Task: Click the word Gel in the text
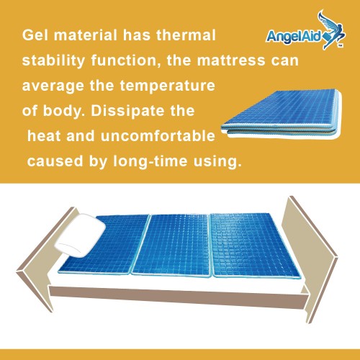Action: [x=35, y=35]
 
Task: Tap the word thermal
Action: [x=186, y=35]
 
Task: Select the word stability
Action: [x=53, y=60]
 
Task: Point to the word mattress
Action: [x=230, y=60]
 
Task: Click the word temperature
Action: [x=167, y=86]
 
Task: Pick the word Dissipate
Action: [x=127, y=111]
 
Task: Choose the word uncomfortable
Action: [x=158, y=136]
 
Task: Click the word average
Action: [x=53, y=86]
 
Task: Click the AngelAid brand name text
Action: [x=293, y=37]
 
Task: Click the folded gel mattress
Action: [x=282, y=114]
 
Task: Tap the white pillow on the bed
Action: [x=80, y=235]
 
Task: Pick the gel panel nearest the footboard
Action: [x=255, y=245]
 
